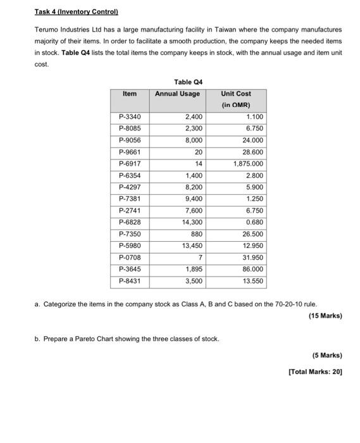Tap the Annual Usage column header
pos(178,94)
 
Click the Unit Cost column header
pos(236,94)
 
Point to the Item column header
pos(129,94)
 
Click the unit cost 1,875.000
pos(248,164)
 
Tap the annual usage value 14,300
pos(192,222)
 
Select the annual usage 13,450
pos(192,246)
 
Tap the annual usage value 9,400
pos(194,199)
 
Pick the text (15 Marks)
pos(325,316)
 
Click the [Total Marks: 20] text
pos(314,371)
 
